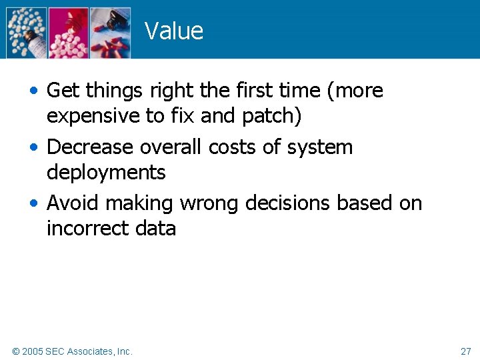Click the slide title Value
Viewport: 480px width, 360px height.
tap(173, 31)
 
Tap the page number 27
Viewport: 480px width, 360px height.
tap(465, 351)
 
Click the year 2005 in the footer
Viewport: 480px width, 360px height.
tap(33, 351)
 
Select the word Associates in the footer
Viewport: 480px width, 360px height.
tap(90, 351)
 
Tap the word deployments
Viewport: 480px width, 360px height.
tap(106, 173)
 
